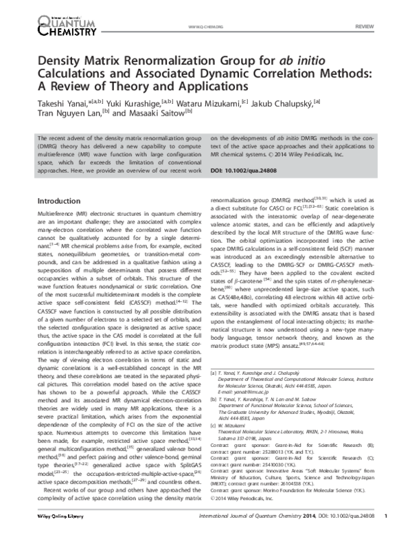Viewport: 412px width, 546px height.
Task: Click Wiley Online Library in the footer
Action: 47,534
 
